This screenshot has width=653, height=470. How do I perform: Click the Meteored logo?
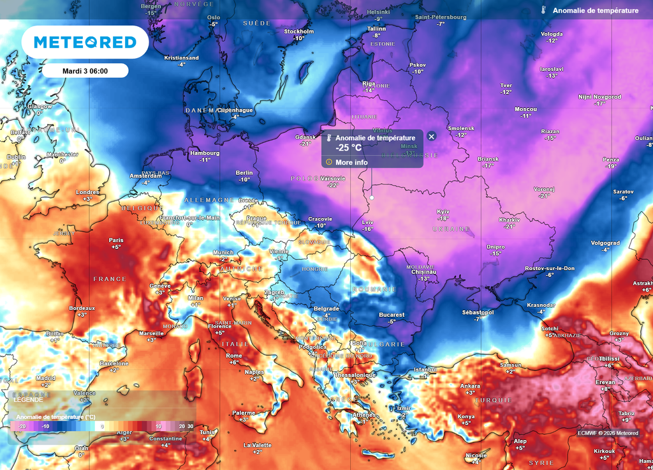(x=85, y=42)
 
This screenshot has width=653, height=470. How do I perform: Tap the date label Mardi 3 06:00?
(x=85, y=71)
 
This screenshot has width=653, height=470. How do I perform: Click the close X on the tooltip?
(x=431, y=136)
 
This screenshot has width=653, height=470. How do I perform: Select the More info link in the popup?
(x=351, y=162)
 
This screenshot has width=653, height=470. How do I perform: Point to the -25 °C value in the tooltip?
(x=349, y=148)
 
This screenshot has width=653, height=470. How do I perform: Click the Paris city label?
(x=116, y=241)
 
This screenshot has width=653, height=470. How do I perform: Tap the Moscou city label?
(x=525, y=109)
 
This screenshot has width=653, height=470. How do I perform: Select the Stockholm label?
(x=298, y=31)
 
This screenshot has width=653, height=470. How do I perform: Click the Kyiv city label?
(x=443, y=211)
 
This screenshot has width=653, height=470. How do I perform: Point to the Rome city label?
(x=234, y=356)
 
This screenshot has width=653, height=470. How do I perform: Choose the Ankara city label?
(x=470, y=386)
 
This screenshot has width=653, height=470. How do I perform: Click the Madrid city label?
(x=45, y=378)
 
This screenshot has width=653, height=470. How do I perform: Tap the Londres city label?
(x=87, y=192)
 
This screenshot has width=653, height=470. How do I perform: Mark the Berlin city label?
(x=244, y=173)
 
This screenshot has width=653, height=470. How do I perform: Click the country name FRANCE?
(x=110, y=279)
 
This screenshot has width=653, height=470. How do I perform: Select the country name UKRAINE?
(x=452, y=229)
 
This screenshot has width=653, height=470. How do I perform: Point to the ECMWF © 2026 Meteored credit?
(x=607, y=433)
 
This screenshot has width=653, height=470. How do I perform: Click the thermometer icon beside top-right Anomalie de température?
(x=543, y=11)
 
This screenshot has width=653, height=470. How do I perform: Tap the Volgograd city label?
(x=605, y=243)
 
